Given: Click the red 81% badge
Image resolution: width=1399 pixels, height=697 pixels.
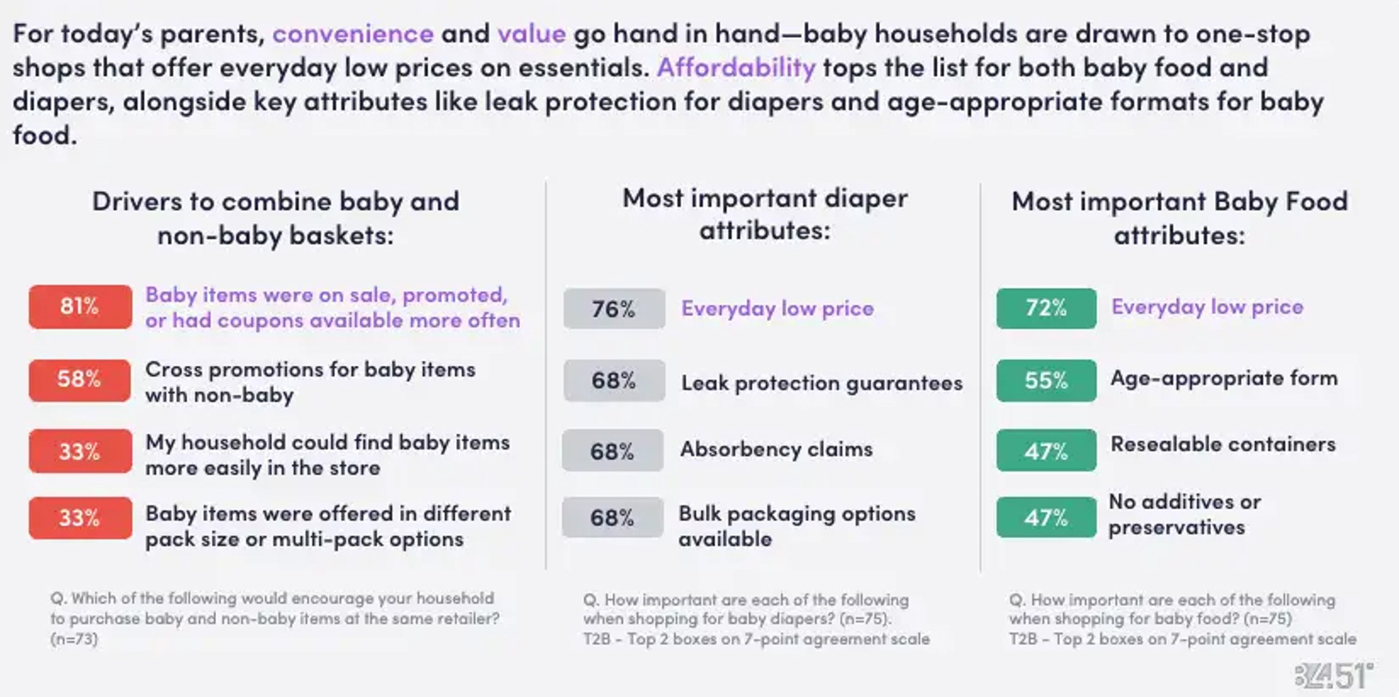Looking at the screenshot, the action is click(x=80, y=307).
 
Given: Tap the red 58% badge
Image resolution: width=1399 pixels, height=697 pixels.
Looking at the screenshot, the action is click(x=80, y=380).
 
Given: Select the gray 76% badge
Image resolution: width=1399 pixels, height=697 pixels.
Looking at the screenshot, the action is click(x=614, y=309).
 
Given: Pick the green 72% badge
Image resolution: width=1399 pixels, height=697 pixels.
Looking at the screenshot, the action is click(x=1046, y=308).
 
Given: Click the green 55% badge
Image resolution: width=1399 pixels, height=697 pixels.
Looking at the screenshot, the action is click(x=1046, y=381).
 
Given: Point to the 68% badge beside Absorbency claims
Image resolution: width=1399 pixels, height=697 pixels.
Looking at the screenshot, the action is click(x=613, y=451).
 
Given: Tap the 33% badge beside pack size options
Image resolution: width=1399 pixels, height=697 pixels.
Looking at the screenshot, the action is click(x=80, y=518).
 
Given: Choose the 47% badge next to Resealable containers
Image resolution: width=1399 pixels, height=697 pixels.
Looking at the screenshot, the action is click(x=1046, y=451).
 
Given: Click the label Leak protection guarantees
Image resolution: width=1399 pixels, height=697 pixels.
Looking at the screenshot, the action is click(x=822, y=383).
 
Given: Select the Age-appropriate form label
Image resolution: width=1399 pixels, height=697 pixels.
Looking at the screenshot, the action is click(x=1224, y=379).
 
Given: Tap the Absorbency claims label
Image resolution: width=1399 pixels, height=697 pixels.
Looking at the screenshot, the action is click(x=776, y=449).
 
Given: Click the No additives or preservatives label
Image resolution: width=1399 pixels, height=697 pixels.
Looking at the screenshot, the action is click(x=1184, y=514).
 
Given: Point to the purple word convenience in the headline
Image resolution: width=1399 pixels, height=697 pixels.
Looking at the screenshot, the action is click(x=353, y=34).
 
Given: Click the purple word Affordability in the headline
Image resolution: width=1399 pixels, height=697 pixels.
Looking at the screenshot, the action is click(x=736, y=67).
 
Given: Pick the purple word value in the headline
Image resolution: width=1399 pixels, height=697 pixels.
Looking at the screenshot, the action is click(x=532, y=34).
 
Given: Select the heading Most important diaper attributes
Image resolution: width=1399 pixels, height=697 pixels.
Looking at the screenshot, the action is click(x=765, y=214).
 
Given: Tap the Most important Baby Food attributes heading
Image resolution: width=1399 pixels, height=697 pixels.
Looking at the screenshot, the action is click(x=1179, y=218).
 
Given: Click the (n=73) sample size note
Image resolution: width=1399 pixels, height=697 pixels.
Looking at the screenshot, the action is click(x=74, y=639).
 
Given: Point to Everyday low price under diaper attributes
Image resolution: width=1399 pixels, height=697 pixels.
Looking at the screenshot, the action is click(x=778, y=308).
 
